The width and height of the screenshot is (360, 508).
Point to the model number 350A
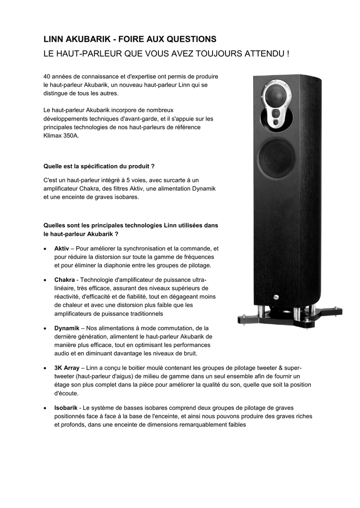pyautogui.click(x=71, y=135)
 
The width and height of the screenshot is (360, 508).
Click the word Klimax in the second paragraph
pyautogui.click(x=52, y=135)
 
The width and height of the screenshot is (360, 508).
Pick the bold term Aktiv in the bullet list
pyautogui.click(x=62, y=248)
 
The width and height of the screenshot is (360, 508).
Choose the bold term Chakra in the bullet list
pyautogui.click(x=65, y=280)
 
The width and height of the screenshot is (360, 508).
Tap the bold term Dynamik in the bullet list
pyautogui.click(x=67, y=328)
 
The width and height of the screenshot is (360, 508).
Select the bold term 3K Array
pyautogui.click(x=67, y=368)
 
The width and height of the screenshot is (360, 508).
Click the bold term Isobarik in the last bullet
pyautogui.click(x=66, y=408)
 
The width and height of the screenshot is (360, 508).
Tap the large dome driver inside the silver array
pyautogui.click(x=276, y=96)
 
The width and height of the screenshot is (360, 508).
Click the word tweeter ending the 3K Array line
pyautogui.click(x=292, y=368)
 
